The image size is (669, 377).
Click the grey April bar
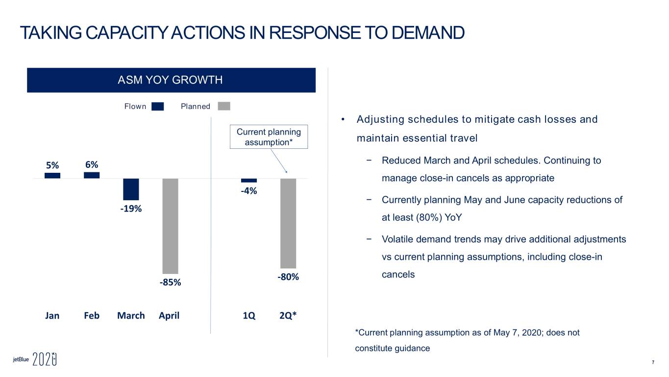click(x=170, y=226)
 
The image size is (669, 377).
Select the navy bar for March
click(x=131, y=189)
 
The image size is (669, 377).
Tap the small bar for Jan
click(x=52, y=176)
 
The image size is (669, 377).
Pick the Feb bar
click(x=92, y=175)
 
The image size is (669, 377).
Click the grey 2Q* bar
click(x=288, y=223)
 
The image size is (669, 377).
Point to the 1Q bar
click(x=249, y=181)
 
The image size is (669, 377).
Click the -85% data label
click(x=170, y=282)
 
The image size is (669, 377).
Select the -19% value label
click(x=131, y=209)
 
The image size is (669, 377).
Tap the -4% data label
click(x=249, y=191)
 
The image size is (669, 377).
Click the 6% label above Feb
click(x=92, y=164)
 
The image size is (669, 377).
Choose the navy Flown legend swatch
click(x=158, y=107)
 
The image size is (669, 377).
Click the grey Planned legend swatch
click(x=224, y=106)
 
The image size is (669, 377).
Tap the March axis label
click(x=131, y=315)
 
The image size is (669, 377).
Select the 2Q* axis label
click(x=288, y=315)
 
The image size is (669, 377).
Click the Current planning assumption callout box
click(x=269, y=137)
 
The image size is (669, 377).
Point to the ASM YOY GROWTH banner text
click(x=170, y=80)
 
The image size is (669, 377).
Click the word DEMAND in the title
click(x=428, y=32)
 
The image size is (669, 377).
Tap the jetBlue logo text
click(x=21, y=359)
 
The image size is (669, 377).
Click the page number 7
click(x=653, y=362)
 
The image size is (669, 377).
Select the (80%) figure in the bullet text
click(x=429, y=217)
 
